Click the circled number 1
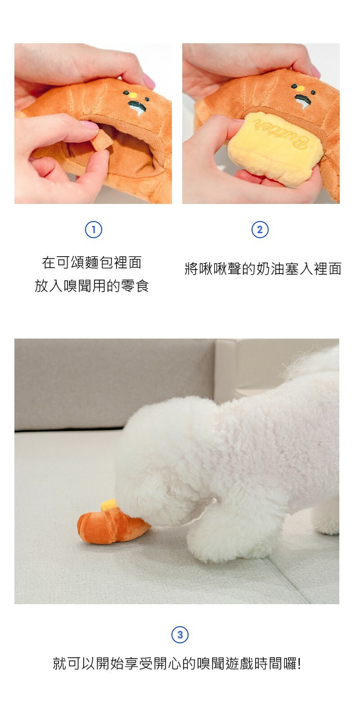[94, 230]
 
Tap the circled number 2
[260, 230]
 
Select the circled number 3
[180, 635]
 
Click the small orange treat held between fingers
[102, 140]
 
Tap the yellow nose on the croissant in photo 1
[132, 95]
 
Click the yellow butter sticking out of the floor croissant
[108, 505]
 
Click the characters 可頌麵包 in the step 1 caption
[85, 262]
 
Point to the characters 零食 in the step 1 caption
[135, 286]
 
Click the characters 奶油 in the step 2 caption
[270, 269]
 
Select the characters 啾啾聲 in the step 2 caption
[220, 269]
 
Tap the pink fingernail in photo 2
[315, 71]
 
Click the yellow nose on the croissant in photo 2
[300, 88]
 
